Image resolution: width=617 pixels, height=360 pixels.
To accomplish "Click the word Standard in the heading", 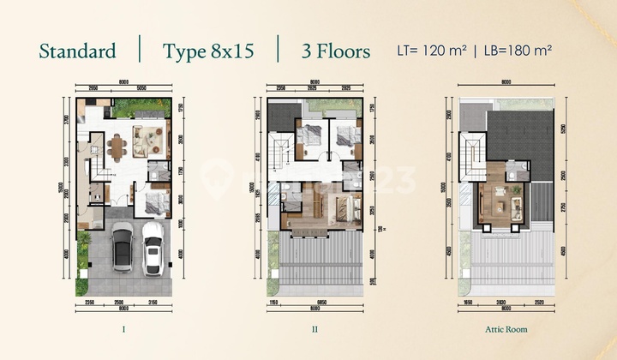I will (77, 51).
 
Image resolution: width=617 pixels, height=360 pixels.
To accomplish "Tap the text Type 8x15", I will (208, 51).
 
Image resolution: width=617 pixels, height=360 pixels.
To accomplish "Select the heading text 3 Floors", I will (335, 51).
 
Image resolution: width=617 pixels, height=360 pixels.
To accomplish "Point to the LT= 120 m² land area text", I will (433, 50).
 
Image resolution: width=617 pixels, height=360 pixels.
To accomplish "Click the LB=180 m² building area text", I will (514, 50).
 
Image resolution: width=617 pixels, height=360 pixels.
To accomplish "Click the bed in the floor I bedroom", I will (154, 202).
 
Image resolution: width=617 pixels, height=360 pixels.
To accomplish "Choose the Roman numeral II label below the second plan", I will (314, 328).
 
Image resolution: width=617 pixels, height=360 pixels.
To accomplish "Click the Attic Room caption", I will (505, 328).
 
